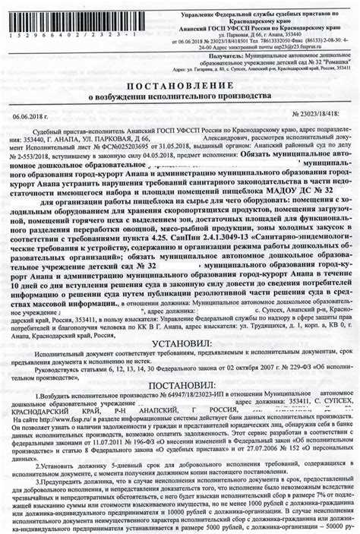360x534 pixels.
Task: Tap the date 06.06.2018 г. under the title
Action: [30, 115]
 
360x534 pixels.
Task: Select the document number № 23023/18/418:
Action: [316, 115]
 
